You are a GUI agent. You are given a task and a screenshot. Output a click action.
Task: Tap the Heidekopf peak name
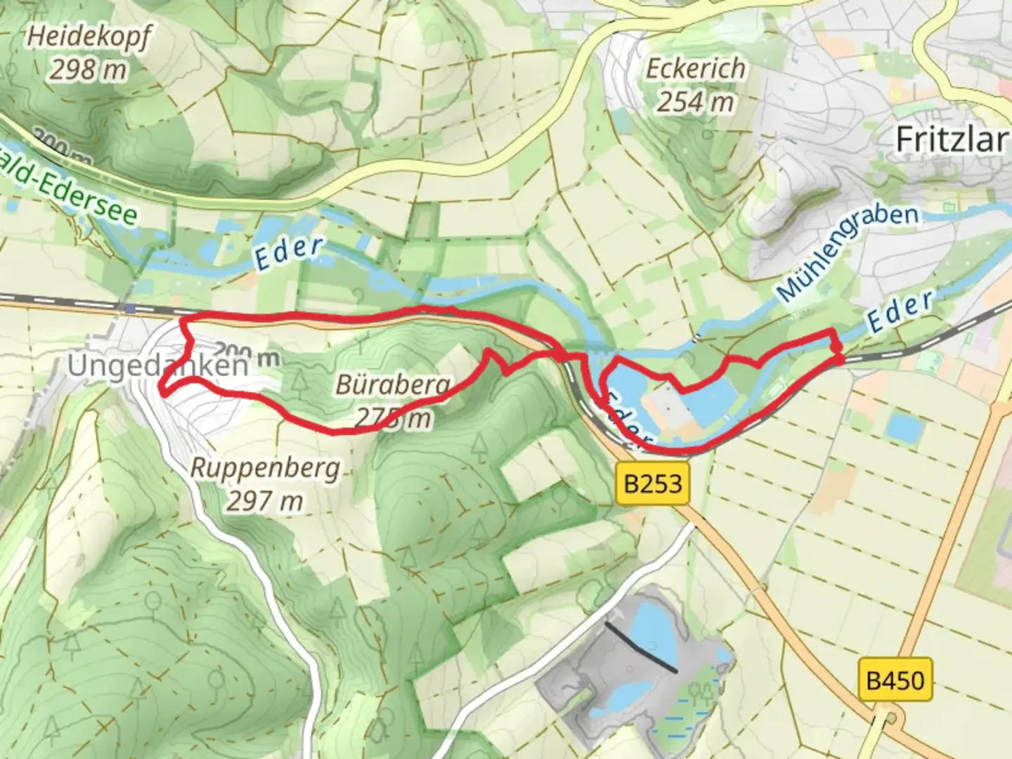[x=89, y=37]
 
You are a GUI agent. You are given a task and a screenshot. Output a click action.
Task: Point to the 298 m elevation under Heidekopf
[x=89, y=70]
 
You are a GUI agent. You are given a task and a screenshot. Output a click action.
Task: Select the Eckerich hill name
[x=695, y=69]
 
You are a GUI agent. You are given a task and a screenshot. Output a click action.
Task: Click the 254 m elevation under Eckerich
[x=695, y=103]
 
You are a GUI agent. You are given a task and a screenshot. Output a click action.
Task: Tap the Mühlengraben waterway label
[x=848, y=251]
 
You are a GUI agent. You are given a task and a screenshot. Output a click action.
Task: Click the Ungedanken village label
[x=157, y=366]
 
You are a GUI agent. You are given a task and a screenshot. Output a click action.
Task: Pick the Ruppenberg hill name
[x=265, y=468]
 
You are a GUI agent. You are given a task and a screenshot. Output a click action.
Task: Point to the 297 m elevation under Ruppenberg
[x=265, y=501]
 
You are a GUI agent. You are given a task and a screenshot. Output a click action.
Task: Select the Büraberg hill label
[x=393, y=384]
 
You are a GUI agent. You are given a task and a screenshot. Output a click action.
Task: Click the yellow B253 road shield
[x=653, y=484]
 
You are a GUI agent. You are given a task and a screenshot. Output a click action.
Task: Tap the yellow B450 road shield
[x=895, y=680]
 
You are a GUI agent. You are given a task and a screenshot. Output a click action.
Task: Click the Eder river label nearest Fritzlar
[x=900, y=311]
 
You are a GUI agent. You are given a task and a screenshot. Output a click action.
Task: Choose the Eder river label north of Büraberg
[x=289, y=253]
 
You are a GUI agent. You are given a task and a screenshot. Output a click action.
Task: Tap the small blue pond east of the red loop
[x=902, y=427]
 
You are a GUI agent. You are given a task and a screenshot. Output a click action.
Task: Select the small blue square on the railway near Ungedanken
[x=129, y=308]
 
